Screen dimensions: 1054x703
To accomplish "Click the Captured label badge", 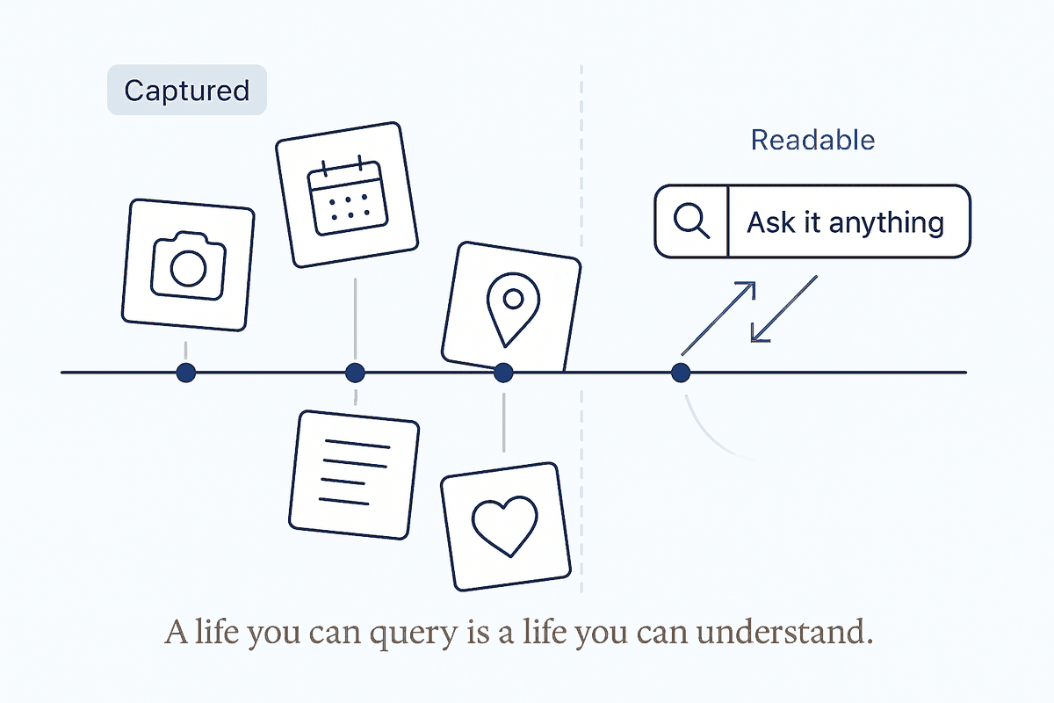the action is click(187, 90).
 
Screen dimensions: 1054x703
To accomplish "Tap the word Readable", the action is click(812, 140).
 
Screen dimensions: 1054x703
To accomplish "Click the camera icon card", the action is click(188, 265).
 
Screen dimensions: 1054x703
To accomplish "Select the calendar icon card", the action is click(347, 195).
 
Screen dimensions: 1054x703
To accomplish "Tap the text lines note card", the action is click(354, 475).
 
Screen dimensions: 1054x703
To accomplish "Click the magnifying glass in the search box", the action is click(691, 221).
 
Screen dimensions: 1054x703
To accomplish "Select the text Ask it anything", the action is click(846, 222).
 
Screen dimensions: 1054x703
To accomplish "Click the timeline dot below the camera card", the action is click(186, 373).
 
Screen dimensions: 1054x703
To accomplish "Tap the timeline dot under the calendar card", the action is click(355, 373).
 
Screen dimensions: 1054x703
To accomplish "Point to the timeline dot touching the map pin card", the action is click(503, 373).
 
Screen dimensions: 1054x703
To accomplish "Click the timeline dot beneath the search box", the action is click(681, 373).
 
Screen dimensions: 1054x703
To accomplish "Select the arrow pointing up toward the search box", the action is click(718, 318).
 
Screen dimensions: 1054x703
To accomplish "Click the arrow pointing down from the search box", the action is click(783, 309).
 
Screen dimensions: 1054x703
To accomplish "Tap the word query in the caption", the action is click(413, 634).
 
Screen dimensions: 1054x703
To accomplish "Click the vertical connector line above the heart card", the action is click(504, 423).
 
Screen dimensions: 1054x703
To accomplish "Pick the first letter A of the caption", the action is click(177, 632).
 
